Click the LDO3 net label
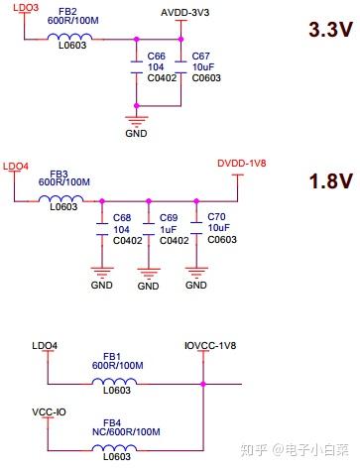coord(20,8)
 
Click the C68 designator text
coord(123,217)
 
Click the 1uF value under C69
coord(171,228)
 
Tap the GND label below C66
coord(136,131)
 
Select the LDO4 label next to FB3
coord(18,166)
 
